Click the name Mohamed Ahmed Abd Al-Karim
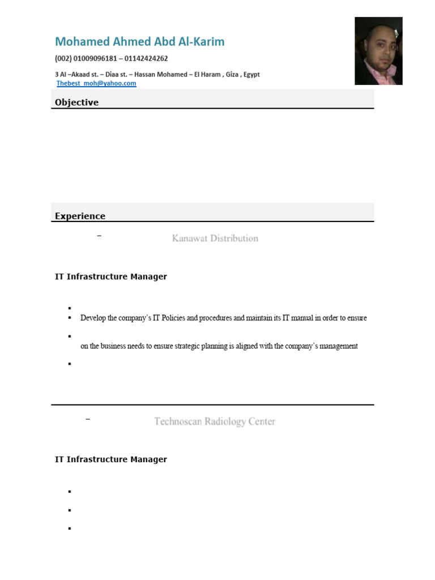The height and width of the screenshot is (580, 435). click(x=139, y=42)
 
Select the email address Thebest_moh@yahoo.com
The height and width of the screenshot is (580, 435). click(x=96, y=83)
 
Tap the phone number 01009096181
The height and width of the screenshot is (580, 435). click(x=96, y=58)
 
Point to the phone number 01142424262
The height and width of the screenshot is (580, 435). click(x=146, y=58)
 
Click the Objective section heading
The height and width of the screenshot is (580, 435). click(x=76, y=103)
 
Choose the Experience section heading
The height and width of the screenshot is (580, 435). click(x=80, y=216)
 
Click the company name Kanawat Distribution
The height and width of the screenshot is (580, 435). click(x=215, y=238)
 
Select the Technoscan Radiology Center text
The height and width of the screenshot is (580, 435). click(x=215, y=421)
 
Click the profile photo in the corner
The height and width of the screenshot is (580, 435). click(x=378, y=51)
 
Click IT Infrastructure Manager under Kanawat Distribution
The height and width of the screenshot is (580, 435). click(x=110, y=277)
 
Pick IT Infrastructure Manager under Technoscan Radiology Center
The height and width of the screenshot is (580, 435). click(x=110, y=459)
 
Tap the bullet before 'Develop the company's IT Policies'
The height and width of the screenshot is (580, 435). click(x=70, y=318)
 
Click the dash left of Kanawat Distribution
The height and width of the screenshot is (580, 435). click(x=99, y=236)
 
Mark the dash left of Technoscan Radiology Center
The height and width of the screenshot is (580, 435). click(x=88, y=419)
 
